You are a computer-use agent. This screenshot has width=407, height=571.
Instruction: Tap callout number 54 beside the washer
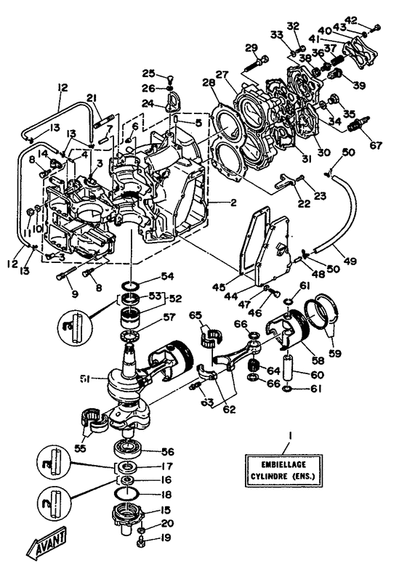point(169,277)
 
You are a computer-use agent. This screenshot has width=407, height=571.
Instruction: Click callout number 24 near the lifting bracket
point(148,104)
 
